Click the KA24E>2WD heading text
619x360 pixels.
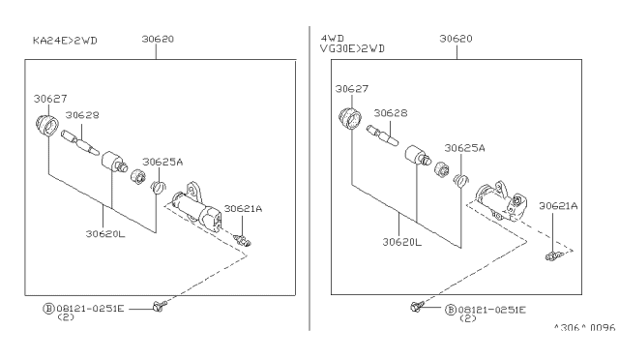pos(65,41)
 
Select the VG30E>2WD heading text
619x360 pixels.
pos(352,48)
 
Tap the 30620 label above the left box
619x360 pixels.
pos(158,39)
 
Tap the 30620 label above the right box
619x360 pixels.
pos(456,39)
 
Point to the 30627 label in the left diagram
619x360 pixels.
pos(50,99)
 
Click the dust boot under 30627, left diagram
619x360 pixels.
pos(47,125)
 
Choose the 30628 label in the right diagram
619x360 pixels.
pos(391,113)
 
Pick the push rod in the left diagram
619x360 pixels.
pos(80,143)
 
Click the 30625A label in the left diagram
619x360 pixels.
pos(162,162)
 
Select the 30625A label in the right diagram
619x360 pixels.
pos(464,148)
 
